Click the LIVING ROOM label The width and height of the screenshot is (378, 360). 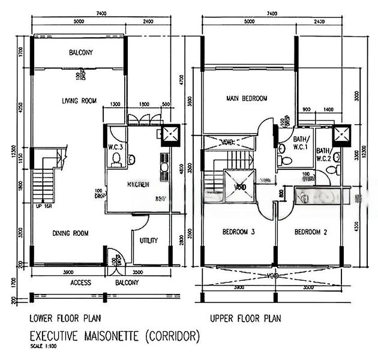click(x=79, y=101)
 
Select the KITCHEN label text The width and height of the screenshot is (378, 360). click(x=137, y=185)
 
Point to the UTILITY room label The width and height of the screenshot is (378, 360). click(x=148, y=241)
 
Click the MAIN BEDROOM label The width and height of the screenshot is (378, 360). click(x=247, y=98)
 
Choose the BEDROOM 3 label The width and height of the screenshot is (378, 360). click(x=239, y=232)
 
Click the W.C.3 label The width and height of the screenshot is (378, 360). click(x=116, y=147)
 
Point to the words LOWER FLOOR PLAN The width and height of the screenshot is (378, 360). click(x=65, y=319)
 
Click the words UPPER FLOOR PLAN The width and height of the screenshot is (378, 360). click(x=245, y=319)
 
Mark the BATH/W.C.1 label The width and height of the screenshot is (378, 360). click(x=300, y=142)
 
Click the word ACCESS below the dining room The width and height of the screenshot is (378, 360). click(x=80, y=282)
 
